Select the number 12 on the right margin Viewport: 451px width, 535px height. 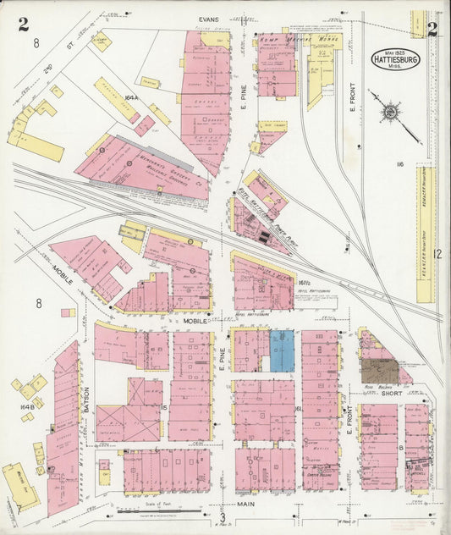[x=437, y=253]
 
